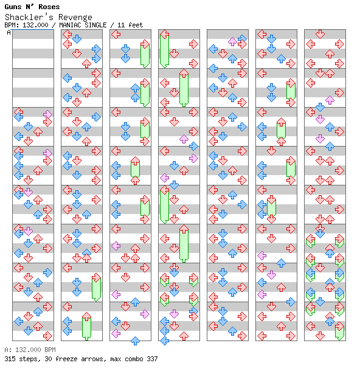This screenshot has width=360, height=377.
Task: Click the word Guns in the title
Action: pos(13,7)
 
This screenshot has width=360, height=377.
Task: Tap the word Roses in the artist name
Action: pos(49,7)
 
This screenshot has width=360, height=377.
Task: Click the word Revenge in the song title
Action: pos(75,17)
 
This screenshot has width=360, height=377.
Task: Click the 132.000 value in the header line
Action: pos(36,25)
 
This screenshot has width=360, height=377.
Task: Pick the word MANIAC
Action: pos(70,25)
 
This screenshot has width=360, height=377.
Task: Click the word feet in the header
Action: pos(136,25)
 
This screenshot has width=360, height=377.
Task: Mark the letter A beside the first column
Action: pos(9,32)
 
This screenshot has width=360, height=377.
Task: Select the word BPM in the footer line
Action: pos(50,350)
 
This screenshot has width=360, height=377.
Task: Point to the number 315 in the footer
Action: pos(10,359)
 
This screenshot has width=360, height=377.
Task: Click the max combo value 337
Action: pos(152,359)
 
